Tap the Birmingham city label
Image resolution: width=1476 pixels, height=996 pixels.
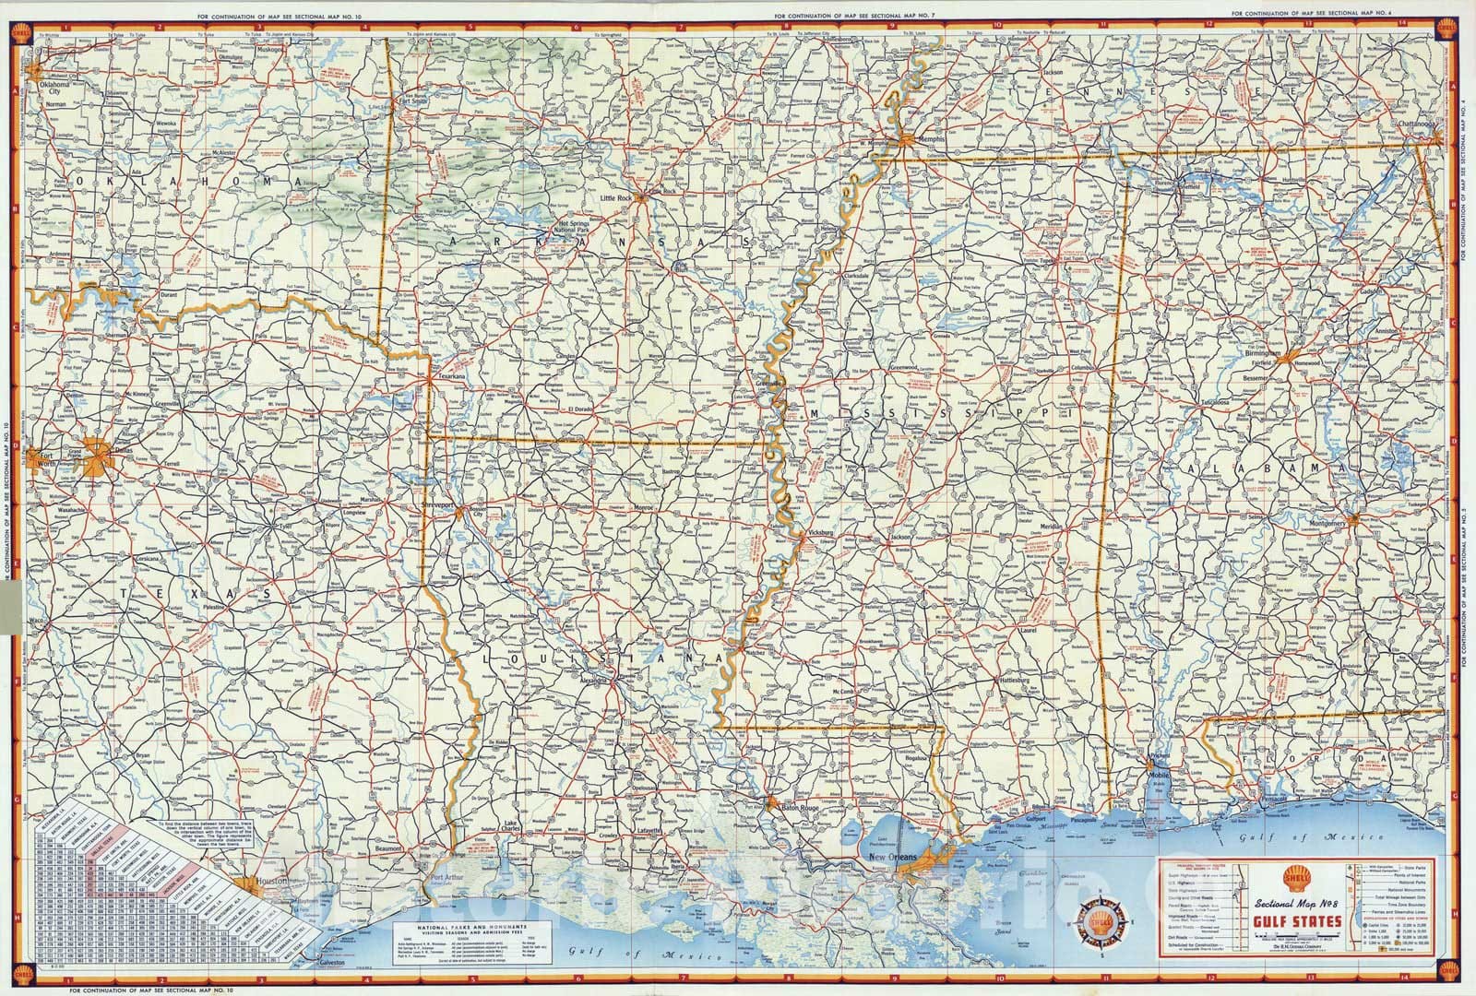point(1262,352)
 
